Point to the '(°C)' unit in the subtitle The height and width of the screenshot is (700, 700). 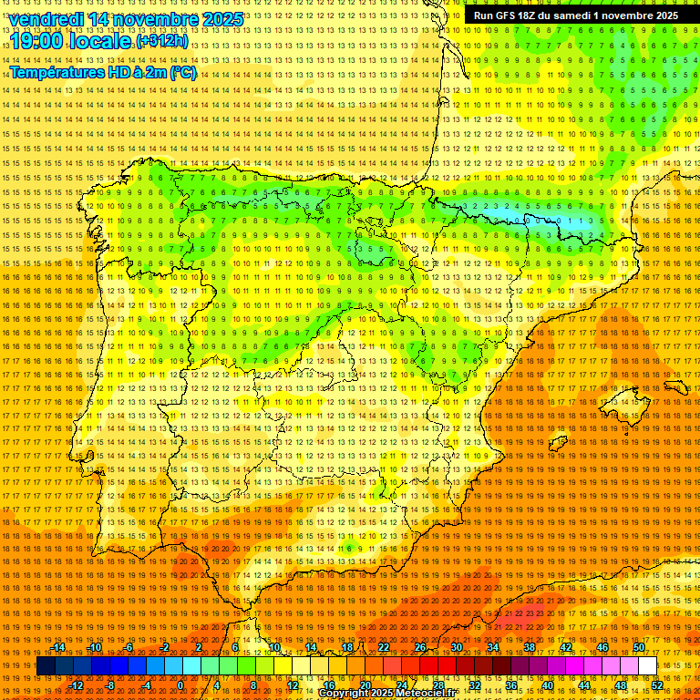(x=182, y=72)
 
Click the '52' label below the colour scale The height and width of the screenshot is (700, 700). (x=657, y=685)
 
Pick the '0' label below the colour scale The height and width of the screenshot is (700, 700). (x=181, y=685)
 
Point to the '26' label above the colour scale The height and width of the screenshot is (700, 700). (x=420, y=647)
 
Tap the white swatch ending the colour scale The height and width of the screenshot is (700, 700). (x=648, y=666)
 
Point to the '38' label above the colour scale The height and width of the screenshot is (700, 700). (x=530, y=647)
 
